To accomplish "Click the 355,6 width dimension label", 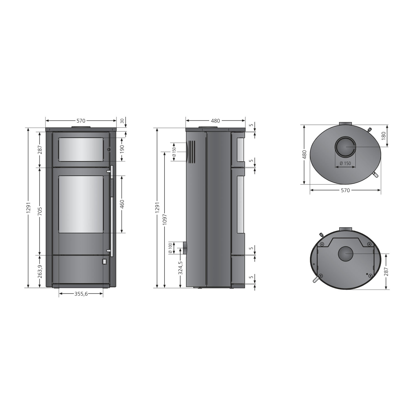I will (x=81, y=294).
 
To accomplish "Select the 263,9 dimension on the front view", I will (x=40, y=272).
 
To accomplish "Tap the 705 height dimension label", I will (x=40, y=211).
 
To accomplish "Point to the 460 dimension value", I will (x=122, y=204).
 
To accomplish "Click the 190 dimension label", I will (x=122, y=149).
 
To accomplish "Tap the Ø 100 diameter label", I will (x=170, y=248).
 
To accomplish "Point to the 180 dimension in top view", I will (x=383, y=136).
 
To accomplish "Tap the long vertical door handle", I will (x=112, y=211).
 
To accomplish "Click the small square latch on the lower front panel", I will (x=105, y=261).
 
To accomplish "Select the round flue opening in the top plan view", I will (x=345, y=147).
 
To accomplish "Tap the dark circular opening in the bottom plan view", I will (x=345, y=254).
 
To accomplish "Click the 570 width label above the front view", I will (x=81, y=121).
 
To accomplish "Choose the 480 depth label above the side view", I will (x=215, y=121).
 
